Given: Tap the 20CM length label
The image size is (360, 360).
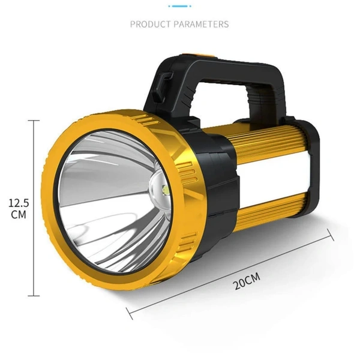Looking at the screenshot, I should point(247,280).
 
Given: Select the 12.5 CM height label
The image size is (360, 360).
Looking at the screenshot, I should point(19,209).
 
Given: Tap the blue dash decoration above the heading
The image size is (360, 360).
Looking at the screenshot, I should point(179,5).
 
